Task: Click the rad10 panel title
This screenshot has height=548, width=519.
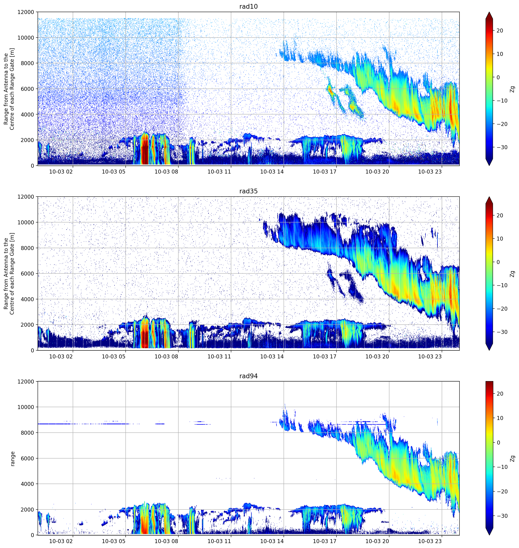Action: point(248,6)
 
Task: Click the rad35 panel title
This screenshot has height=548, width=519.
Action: point(248,191)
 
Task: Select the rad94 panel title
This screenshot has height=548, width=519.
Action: point(248,376)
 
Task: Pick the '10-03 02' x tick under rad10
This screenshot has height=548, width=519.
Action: point(61,172)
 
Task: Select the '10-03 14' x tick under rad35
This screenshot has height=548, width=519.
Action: point(272,356)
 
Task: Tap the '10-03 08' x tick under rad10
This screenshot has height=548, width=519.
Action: point(166,172)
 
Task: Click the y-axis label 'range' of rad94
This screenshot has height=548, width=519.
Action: point(12,459)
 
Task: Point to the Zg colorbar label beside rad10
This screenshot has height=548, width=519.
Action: point(513,89)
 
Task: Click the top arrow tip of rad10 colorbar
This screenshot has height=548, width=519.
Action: point(489,12)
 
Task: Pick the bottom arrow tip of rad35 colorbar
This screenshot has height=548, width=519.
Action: point(489,350)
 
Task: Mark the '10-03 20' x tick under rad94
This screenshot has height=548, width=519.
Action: point(377,541)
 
